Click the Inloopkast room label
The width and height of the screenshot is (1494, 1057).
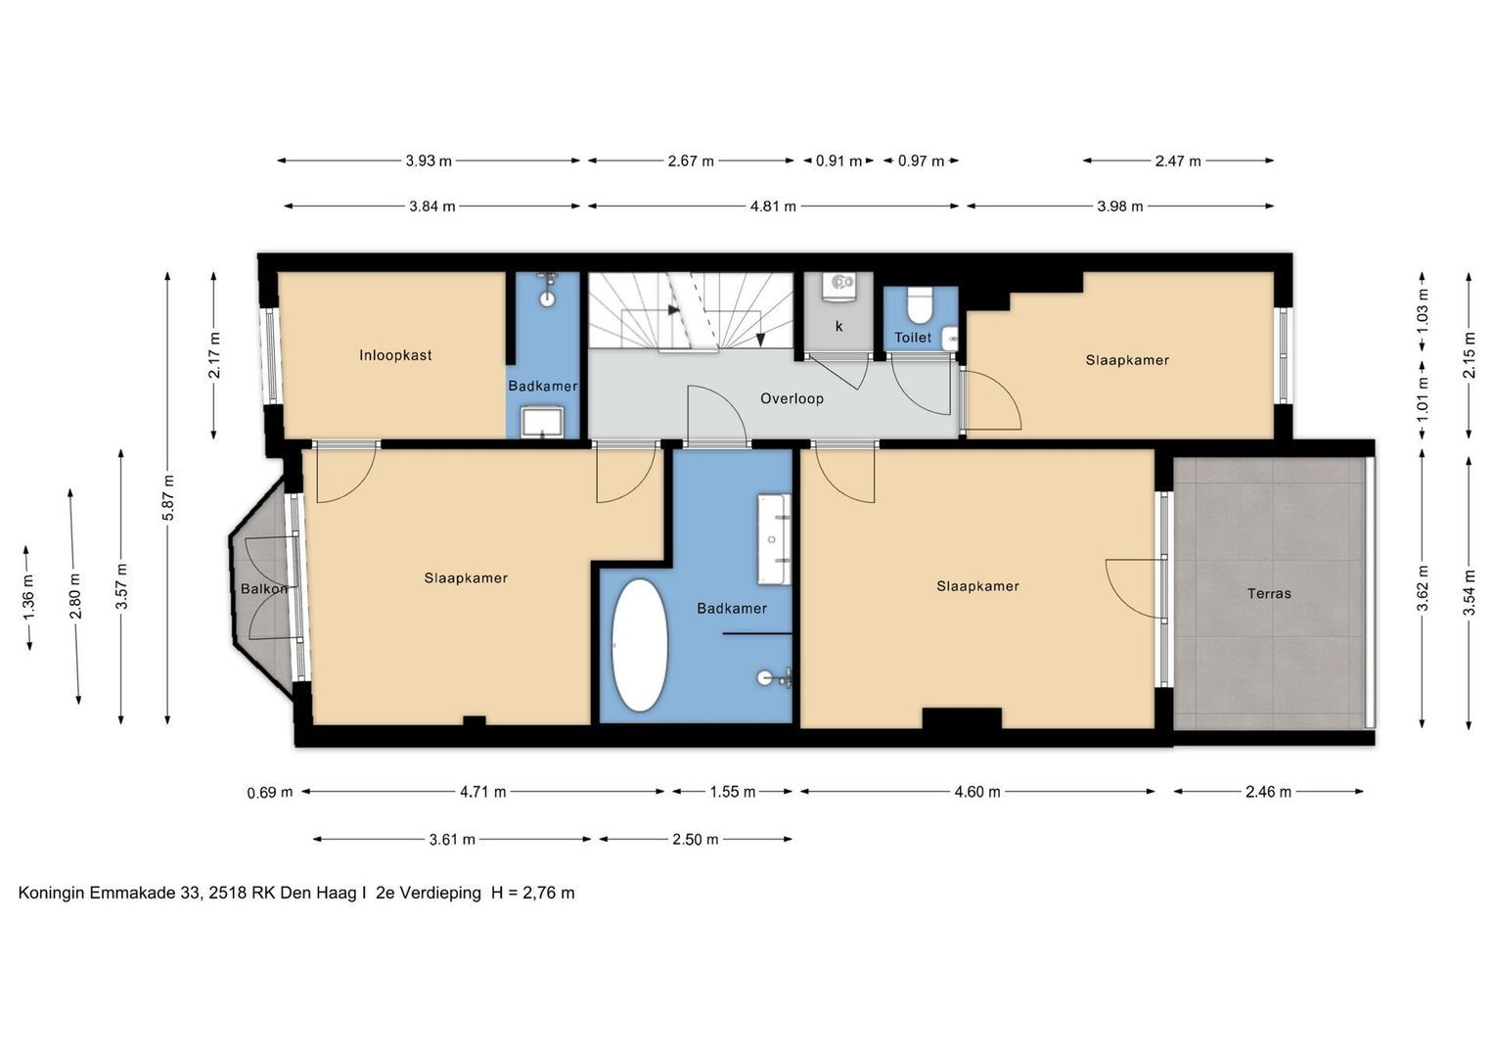click(395, 355)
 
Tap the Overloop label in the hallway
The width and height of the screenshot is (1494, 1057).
click(792, 398)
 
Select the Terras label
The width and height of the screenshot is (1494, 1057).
click(1269, 593)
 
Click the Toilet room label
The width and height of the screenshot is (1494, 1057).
click(913, 338)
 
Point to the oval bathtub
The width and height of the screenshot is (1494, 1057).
click(640, 645)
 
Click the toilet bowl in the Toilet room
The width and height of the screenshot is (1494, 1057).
click(921, 305)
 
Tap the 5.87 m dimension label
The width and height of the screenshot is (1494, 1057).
click(168, 498)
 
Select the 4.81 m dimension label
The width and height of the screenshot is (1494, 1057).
click(773, 207)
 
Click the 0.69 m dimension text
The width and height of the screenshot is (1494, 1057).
click(269, 792)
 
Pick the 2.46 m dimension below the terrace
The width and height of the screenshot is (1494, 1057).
click(1268, 792)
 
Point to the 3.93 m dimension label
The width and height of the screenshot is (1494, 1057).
click(429, 161)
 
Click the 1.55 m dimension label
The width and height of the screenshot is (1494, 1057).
click(733, 792)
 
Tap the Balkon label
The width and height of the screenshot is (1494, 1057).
click(264, 588)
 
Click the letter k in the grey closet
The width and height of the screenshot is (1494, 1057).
click(839, 326)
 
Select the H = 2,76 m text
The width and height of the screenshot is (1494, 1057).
click(532, 893)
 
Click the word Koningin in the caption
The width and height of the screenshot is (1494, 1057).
click(51, 894)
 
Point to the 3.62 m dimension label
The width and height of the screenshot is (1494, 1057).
click(1423, 588)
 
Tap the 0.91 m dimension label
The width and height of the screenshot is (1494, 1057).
click(838, 161)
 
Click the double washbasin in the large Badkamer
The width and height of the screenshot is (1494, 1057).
click(774, 539)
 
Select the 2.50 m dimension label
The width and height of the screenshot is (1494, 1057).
click(695, 840)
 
